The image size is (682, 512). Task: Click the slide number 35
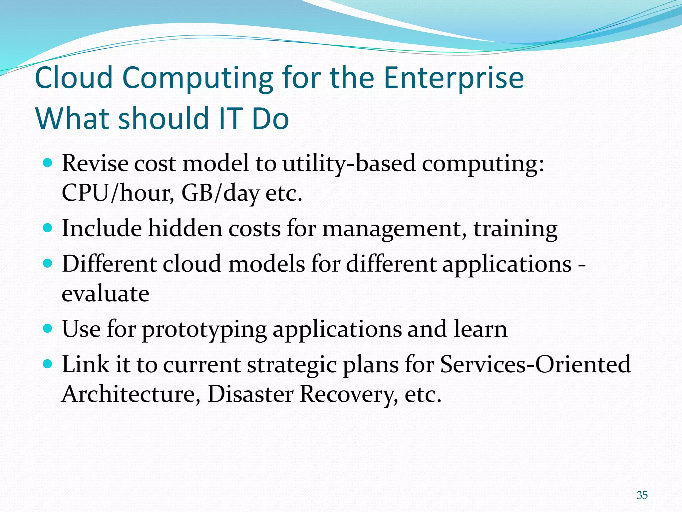(642, 495)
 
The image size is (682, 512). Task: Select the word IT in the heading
(230, 119)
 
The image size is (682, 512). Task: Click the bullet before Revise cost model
(48, 163)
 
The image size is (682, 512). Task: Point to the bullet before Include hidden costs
(48, 228)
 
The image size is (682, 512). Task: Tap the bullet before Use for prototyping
(48, 329)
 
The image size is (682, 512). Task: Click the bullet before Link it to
(48, 364)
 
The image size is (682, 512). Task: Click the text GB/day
(220, 193)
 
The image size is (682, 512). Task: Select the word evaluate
(106, 294)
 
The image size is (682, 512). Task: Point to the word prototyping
(204, 330)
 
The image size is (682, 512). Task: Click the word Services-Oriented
(535, 364)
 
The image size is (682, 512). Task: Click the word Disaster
(250, 394)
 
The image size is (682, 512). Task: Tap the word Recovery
(348, 395)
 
